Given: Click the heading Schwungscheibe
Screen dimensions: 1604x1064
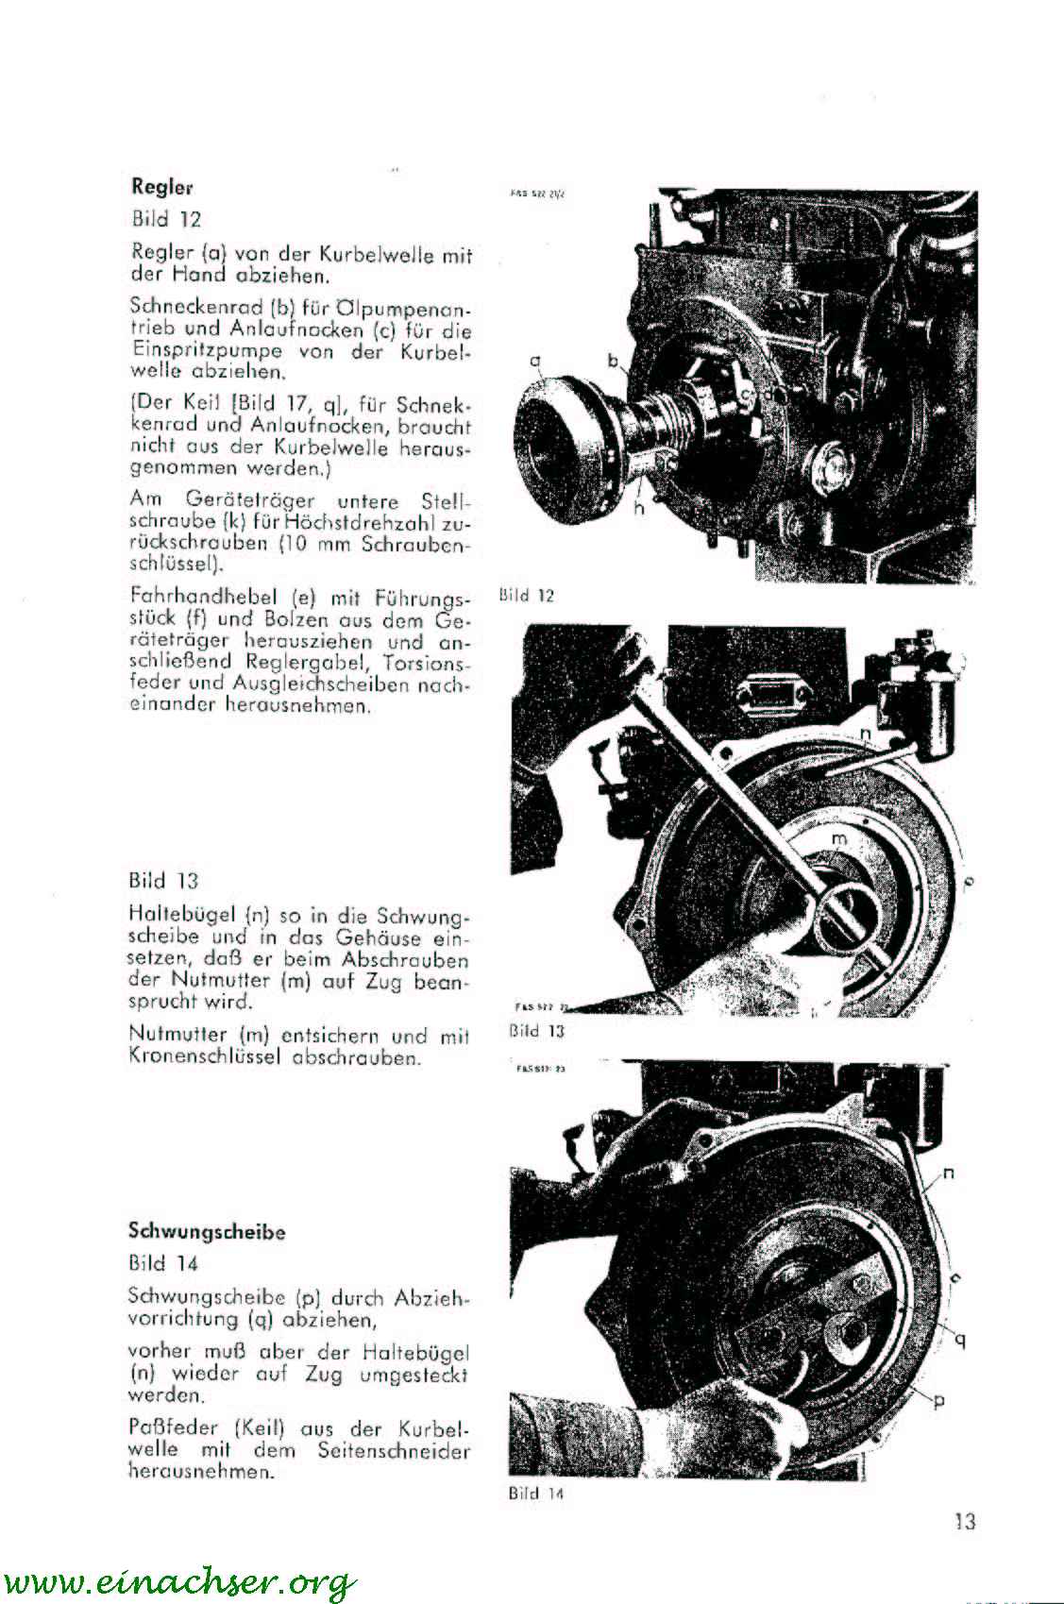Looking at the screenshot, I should pyautogui.click(x=207, y=1231).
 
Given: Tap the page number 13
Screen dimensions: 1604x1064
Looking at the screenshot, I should pyautogui.click(x=964, y=1521).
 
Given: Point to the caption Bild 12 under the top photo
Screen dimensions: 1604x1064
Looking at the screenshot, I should pyautogui.click(x=526, y=596).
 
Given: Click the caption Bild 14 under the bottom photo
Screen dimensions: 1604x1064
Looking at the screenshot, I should pyautogui.click(x=535, y=1494).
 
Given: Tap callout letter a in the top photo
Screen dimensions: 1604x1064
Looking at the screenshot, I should pyautogui.click(x=535, y=361).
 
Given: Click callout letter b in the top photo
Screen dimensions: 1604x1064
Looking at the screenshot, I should pyautogui.click(x=613, y=360).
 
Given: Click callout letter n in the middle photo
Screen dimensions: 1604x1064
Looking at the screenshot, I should pyautogui.click(x=865, y=734).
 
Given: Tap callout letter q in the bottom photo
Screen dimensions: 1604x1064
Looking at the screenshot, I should pyautogui.click(x=960, y=1338).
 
